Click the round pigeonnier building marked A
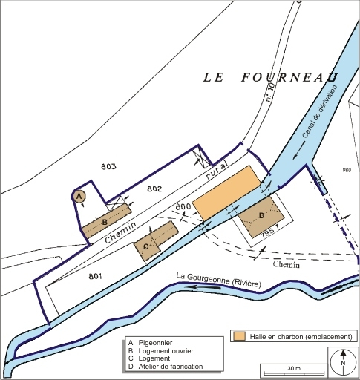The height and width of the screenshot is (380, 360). [79, 196]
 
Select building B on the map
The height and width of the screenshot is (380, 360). [104, 222]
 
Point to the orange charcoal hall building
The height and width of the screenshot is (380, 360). [229, 193]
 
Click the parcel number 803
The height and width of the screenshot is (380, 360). [108, 167]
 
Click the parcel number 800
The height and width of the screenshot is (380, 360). [182, 206]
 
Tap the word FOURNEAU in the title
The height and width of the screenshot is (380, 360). [289, 77]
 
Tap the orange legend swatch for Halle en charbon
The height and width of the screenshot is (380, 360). [238, 335]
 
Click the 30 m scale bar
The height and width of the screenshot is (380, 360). [294, 368]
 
